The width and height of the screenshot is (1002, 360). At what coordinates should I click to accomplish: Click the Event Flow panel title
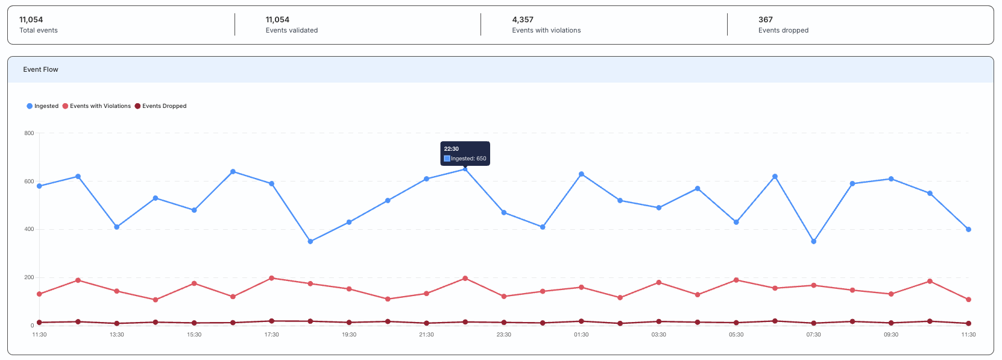pyautogui.click(x=41, y=69)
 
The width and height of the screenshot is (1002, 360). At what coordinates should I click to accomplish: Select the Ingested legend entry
pyautogui.click(x=42, y=106)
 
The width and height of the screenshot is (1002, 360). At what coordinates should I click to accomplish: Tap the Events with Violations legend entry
pyautogui.click(x=96, y=106)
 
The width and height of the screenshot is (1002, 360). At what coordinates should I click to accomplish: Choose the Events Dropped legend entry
pyautogui.click(x=160, y=106)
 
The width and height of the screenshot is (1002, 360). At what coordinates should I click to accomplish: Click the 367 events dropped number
pyautogui.click(x=766, y=20)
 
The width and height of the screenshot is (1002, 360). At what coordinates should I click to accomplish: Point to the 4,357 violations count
pyautogui.click(x=523, y=20)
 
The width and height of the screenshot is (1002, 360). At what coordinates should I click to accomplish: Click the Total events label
pyautogui.click(x=39, y=30)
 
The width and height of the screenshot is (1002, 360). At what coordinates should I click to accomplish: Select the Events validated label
pyautogui.click(x=292, y=30)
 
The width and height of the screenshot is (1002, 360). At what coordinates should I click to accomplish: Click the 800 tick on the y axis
pyautogui.click(x=29, y=133)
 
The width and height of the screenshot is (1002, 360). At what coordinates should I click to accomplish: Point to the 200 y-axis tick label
pyautogui.click(x=29, y=278)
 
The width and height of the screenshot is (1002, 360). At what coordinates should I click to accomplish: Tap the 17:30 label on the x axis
pyautogui.click(x=271, y=335)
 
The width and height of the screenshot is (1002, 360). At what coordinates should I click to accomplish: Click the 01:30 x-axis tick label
pyautogui.click(x=581, y=335)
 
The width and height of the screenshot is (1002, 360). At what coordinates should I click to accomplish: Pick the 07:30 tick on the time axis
pyautogui.click(x=813, y=335)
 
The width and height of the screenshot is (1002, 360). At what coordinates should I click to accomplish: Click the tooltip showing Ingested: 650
pyautogui.click(x=465, y=154)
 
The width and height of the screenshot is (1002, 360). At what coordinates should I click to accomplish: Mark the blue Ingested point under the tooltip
pyautogui.click(x=465, y=169)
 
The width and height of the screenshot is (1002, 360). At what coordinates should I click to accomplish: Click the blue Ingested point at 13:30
pyautogui.click(x=117, y=227)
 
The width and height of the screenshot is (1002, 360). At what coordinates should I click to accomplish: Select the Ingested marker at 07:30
pyautogui.click(x=814, y=241)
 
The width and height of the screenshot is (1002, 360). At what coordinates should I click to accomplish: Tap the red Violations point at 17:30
pyautogui.click(x=271, y=278)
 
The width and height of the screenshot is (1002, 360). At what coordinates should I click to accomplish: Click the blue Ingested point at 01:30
pyautogui.click(x=582, y=174)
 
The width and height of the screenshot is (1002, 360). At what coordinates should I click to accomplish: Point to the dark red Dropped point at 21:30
pyautogui.click(x=426, y=323)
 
